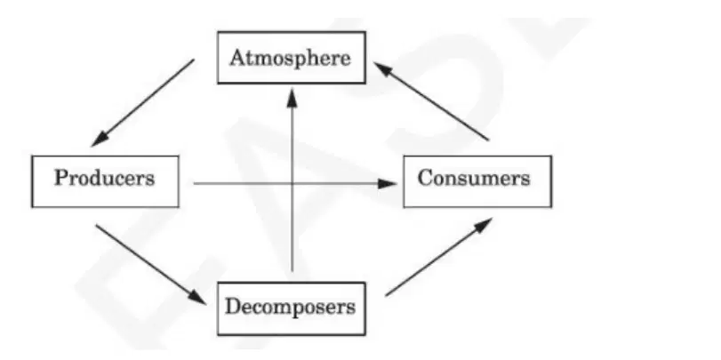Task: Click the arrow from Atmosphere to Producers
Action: tap(142, 102)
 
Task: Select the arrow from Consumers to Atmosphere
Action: tap(431, 101)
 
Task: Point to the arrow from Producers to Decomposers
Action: tap(151, 264)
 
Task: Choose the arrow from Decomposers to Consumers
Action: tap(438, 257)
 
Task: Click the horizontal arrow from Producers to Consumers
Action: tap(295, 184)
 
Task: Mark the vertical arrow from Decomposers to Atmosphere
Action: tap(292, 180)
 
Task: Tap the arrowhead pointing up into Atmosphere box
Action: tap(292, 97)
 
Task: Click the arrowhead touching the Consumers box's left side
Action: tap(387, 184)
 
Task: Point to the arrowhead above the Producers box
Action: tap(100, 140)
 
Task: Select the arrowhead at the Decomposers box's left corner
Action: tap(197, 297)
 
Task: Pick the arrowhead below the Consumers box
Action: tap(483, 225)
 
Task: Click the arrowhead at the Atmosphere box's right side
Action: tap(383, 69)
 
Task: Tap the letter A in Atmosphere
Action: tap(237, 58)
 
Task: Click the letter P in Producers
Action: tap(61, 178)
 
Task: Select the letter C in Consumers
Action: tap(425, 178)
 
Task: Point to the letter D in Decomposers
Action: tap(233, 307)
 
